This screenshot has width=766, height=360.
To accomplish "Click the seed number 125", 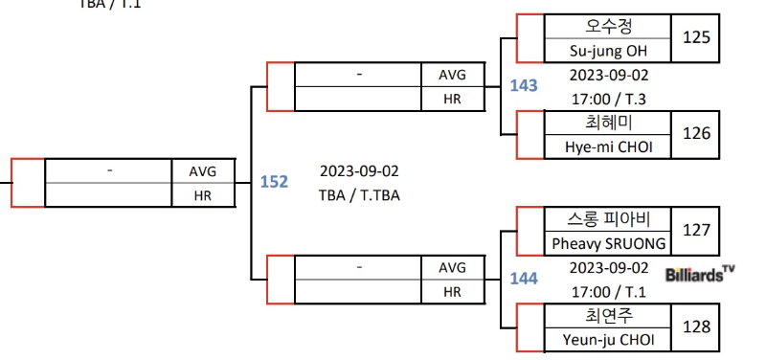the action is coord(696,37).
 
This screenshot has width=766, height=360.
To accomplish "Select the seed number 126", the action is coord(696,133).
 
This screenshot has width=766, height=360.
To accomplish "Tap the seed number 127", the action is coord(696,230).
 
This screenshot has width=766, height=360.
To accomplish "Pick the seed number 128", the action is coord(696,326).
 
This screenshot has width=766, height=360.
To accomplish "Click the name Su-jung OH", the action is coord(608,51).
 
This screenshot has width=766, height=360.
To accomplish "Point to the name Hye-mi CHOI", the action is coord(608,146).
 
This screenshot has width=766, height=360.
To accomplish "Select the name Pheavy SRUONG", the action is coord(609,243).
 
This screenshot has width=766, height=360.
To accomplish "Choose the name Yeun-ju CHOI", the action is coord(608,340).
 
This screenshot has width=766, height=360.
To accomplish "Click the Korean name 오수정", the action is coord(608,26).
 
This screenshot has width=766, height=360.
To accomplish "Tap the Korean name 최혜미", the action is coord(608,123).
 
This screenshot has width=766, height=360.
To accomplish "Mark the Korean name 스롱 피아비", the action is coord(609,219).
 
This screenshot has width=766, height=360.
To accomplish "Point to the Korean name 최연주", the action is coord(608,315).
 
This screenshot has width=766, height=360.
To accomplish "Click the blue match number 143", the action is coord(524,86).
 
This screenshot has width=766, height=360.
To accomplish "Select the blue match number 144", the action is coord(524,279).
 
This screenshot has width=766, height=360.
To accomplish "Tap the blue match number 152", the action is coord(274,182).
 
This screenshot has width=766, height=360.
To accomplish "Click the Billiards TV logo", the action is coord(700,274).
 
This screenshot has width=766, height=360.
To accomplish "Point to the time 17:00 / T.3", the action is coord(609,100).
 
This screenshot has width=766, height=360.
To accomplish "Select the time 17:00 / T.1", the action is coord(609,293).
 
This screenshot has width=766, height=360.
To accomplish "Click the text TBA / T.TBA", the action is coord(359,196).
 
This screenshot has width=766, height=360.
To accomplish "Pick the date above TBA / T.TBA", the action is coord(359,171).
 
